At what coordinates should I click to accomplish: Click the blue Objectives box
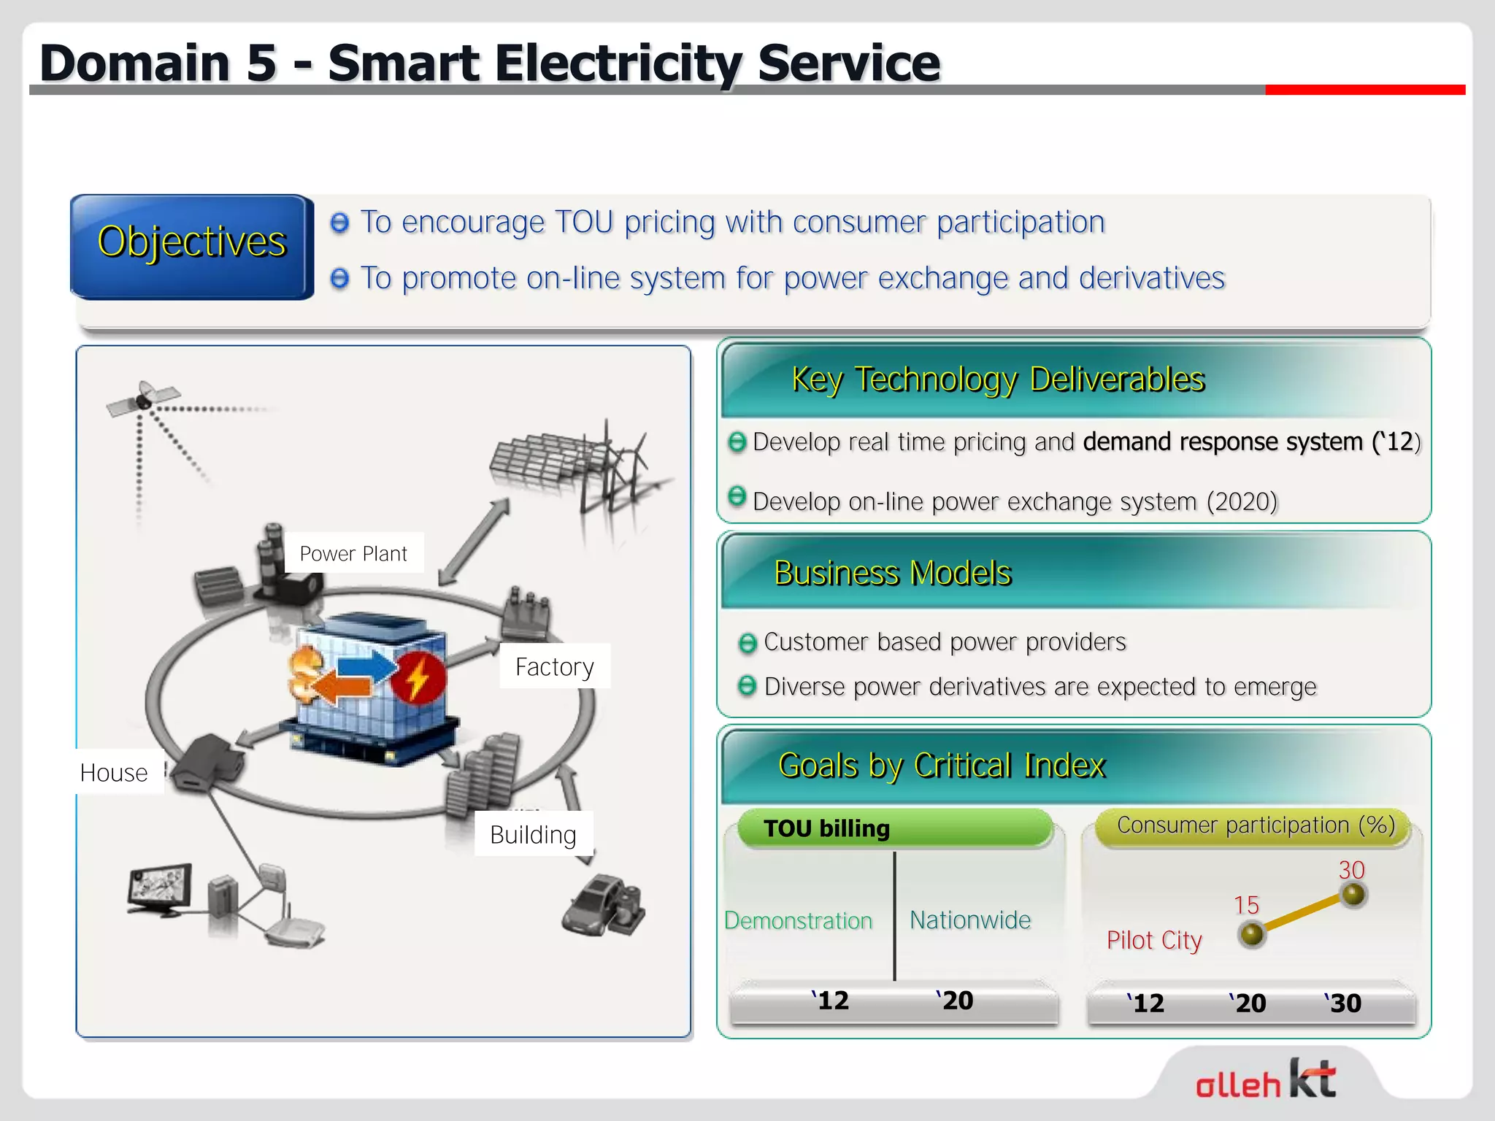[192, 246]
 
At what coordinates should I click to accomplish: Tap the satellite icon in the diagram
[142, 398]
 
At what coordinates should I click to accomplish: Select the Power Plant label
[353, 554]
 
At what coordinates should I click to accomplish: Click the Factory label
[555, 666]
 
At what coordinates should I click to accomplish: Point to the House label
[114, 772]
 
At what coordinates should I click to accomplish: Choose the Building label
[533, 834]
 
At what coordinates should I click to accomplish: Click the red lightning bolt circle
[417, 678]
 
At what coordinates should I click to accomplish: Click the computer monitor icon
[160, 890]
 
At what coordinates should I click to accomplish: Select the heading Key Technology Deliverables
[998, 380]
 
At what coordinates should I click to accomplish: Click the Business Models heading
[893, 573]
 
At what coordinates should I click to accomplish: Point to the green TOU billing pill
[895, 828]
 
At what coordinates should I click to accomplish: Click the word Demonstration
[799, 920]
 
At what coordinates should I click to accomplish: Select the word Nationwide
[970, 920]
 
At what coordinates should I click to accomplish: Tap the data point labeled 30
[1353, 895]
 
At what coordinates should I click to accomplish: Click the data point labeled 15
[1252, 934]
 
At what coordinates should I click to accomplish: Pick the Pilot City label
[1154, 940]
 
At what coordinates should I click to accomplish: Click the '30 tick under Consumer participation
[1343, 1003]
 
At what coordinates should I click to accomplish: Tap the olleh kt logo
[1267, 1079]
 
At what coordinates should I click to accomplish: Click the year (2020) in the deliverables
[1242, 501]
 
